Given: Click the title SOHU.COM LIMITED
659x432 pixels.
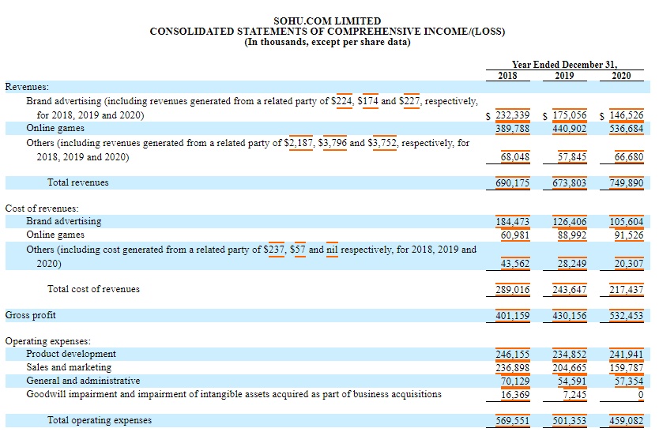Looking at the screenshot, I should point(327,21).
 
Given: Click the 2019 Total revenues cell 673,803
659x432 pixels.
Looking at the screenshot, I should point(569,182).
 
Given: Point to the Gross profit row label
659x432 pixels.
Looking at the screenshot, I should point(31,315).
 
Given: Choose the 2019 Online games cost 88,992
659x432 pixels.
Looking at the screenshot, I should point(572,235).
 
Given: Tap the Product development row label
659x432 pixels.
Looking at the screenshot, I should point(71,354).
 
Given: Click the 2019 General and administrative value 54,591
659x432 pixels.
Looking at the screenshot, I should point(572,381).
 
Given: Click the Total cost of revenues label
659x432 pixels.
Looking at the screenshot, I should point(93,289).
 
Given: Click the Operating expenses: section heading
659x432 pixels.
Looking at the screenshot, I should point(48,341).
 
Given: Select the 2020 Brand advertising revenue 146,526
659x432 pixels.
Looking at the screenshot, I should point(626,115).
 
